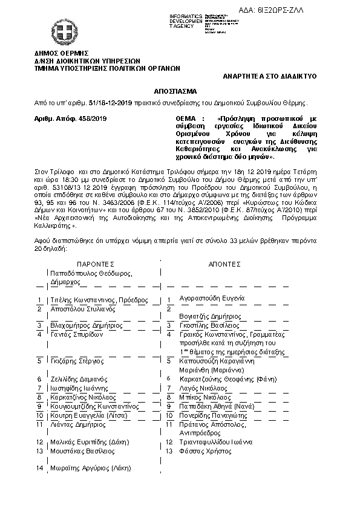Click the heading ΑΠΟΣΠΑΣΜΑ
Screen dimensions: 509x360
(x=180, y=91)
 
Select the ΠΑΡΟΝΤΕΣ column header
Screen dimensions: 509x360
(x=95, y=265)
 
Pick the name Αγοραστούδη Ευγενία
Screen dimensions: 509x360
(x=212, y=298)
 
